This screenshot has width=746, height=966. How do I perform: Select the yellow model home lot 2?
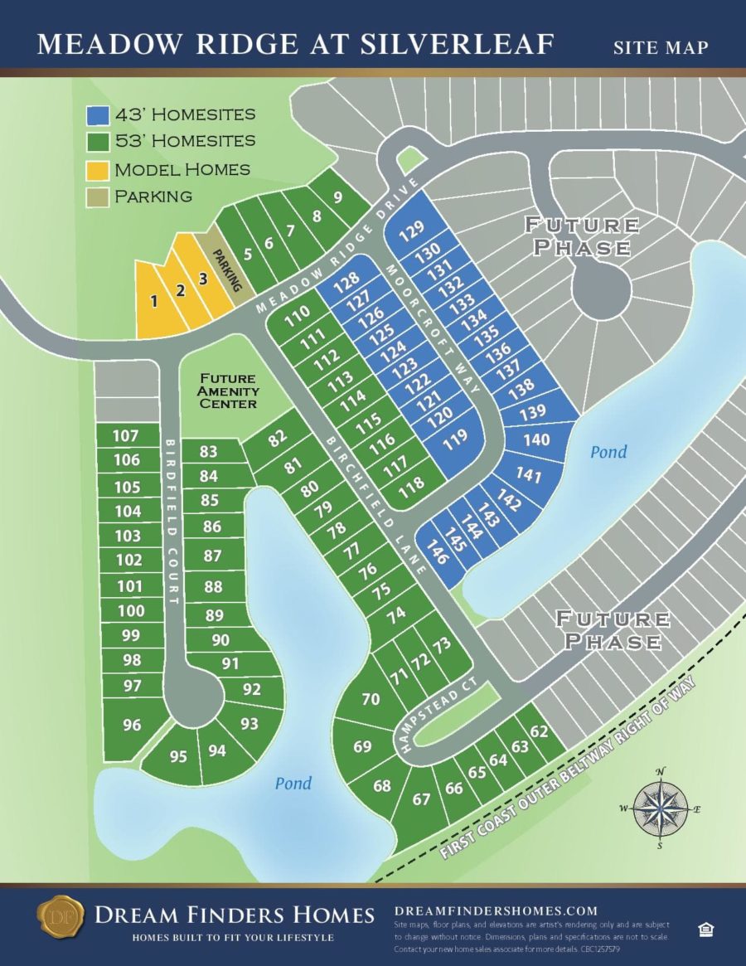[x=179, y=290]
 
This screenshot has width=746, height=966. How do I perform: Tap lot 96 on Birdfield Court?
[x=132, y=725]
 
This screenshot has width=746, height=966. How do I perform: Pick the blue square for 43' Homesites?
[x=98, y=114]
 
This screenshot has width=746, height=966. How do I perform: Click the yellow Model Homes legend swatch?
[x=98, y=169]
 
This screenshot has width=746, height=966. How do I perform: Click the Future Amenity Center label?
[x=228, y=391]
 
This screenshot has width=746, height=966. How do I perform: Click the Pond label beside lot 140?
[x=608, y=452]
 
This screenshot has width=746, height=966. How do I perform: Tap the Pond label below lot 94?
[x=293, y=784]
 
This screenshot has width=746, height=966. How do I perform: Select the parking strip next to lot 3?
[x=230, y=271]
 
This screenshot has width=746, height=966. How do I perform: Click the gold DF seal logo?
[x=61, y=916]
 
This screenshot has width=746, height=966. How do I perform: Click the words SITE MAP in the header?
[x=661, y=47]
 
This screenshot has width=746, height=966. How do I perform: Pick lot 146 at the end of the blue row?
[x=437, y=551]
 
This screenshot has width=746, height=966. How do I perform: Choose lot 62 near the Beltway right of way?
[x=540, y=731]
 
